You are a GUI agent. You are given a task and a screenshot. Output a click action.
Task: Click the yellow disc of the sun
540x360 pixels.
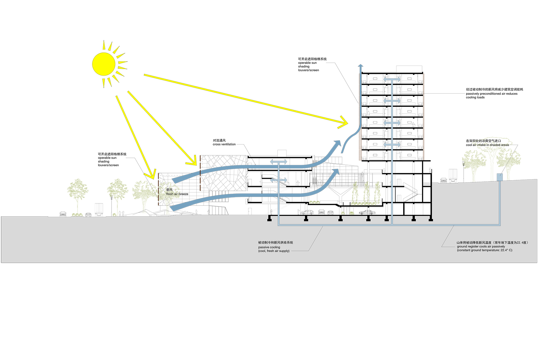pyautogui.click(x=103, y=64)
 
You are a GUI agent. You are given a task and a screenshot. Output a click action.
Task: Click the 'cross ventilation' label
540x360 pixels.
pyautogui.click(x=224, y=144)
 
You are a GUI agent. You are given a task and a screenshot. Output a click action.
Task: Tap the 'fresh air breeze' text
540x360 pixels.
pyautogui.click(x=177, y=194)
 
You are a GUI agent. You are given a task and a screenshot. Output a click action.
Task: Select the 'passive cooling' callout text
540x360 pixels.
pyautogui.click(x=269, y=247)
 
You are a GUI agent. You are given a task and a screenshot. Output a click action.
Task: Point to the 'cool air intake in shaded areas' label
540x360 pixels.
pyautogui.click(x=487, y=145)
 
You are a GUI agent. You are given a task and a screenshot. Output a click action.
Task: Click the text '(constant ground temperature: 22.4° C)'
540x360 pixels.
pyautogui.click(x=484, y=250)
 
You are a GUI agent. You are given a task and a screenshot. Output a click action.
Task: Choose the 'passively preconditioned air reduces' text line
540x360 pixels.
pyautogui.click(x=491, y=94)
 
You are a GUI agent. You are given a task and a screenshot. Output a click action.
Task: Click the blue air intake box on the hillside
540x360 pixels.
pyautogui.click(x=499, y=177)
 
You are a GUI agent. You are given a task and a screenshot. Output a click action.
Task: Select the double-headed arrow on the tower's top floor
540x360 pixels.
pyautogui.click(x=392, y=79)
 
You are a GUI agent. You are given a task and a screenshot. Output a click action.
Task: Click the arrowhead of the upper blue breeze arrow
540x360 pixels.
pyautogui.click(x=337, y=144)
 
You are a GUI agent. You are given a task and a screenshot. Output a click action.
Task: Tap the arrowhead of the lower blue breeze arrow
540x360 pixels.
pyautogui.click(x=336, y=172)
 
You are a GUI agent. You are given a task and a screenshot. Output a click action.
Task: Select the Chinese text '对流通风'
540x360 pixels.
pyautogui.click(x=219, y=140)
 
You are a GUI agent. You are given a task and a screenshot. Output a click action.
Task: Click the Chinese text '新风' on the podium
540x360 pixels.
pyautogui.click(x=169, y=190)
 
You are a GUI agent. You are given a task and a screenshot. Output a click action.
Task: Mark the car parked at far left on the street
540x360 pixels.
pyautogui.click(x=63, y=214)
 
